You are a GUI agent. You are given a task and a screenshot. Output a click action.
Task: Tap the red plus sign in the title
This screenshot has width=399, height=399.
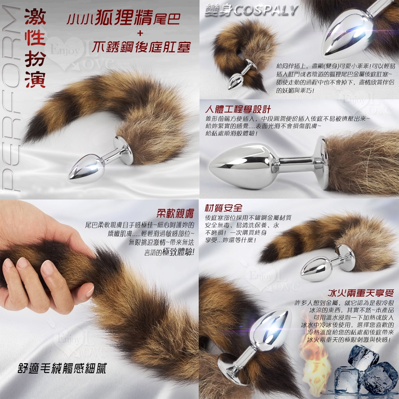point(140,33)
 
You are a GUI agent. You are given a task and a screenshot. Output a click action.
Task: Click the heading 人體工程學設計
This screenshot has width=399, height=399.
point(238,109)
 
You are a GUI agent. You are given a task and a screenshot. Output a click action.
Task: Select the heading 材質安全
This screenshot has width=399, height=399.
point(223,208)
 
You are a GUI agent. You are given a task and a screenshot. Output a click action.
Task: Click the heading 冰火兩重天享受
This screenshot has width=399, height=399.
point(361,293)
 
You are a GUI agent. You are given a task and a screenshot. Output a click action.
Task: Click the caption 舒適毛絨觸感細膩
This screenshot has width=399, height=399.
point(62,368)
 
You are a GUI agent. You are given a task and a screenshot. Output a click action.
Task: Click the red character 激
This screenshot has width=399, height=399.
point(35,17)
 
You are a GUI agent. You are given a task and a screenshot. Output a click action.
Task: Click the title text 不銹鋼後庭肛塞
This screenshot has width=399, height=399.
point(141,47)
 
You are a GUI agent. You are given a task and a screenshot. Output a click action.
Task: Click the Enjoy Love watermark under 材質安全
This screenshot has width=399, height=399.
point(270,277)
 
